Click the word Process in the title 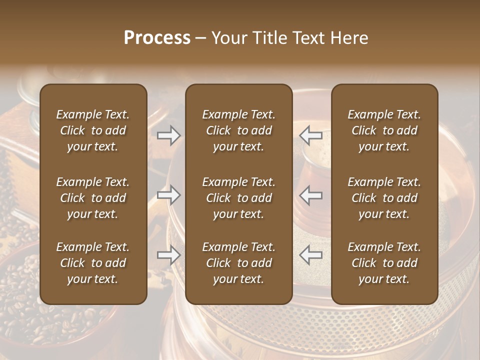click(x=157, y=38)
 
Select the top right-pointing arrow click(x=169, y=135)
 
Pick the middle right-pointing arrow click(x=169, y=195)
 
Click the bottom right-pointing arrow click(x=169, y=255)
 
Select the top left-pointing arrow click(x=311, y=135)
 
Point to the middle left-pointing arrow click(x=311, y=195)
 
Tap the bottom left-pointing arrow click(x=311, y=255)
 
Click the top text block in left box click(x=93, y=130)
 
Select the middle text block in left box click(x=93, y=198)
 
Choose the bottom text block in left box click(x=93, y=263)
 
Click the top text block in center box click(x=239, y=130)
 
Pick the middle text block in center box click(x=239, y=198)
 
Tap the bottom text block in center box click(x=239, y=263)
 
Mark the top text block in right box click(x=384, y=130)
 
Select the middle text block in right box click(x=384, y=198)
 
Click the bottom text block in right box click(x=384, y=263)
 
